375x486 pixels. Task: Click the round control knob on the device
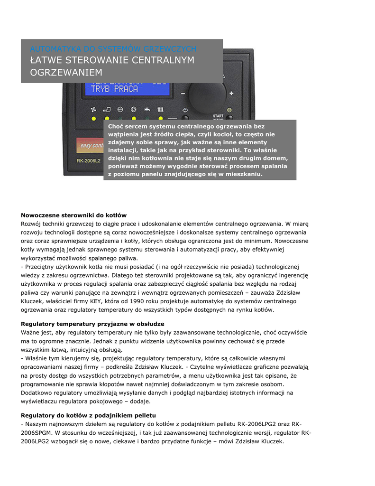tap(207, 96)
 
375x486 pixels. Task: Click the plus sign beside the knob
tap(231, 93)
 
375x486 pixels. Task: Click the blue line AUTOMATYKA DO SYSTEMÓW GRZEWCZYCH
tap(113, 49)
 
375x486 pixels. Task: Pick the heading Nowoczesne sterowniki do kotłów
tap(74, 215)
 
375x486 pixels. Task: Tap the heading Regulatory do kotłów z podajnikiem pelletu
tap(89, 415)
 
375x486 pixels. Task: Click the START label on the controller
tap(218, 116)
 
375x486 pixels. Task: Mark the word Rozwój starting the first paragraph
tap(31, 224)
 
